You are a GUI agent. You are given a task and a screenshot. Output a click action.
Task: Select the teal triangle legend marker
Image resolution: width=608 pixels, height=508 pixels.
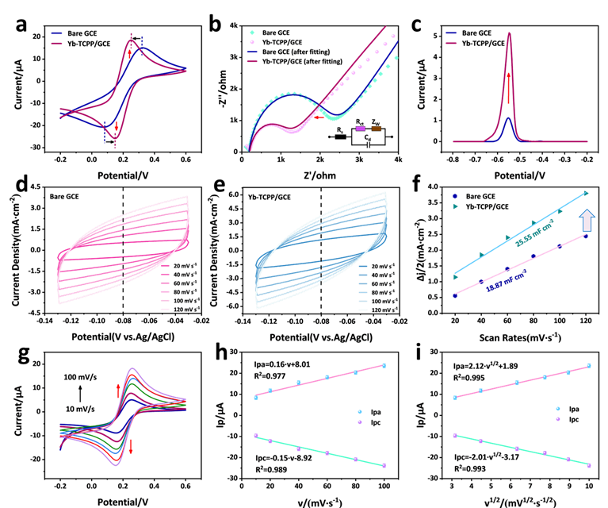pyautogui.click(x=455, y=206)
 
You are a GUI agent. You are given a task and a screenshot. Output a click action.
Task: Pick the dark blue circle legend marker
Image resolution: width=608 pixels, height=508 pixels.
pyautogui.click(x=455, y=194)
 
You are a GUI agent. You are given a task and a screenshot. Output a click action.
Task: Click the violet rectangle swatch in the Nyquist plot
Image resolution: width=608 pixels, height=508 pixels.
pyautogui.click(x=361, y=128)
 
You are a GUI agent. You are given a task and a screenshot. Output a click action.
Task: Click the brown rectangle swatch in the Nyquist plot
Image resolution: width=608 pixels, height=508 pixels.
pyautogui.click(x=377, y=128)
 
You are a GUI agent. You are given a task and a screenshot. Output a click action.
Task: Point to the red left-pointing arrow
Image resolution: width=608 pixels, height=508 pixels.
pyautogui.click(x=318, y=117)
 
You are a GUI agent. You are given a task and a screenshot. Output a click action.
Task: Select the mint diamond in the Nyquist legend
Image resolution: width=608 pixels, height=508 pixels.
pyautogui.click(x=252, y=33)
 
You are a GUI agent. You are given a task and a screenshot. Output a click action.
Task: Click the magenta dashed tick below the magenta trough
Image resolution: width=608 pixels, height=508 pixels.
pyautogui.click(x=116, y=142)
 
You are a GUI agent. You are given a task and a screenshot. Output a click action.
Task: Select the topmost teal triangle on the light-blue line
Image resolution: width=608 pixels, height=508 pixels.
pyautogui.click(x=587, y=192)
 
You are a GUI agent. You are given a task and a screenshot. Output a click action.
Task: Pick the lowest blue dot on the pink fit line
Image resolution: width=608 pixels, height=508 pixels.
pyautogui.click(x=455, y=294)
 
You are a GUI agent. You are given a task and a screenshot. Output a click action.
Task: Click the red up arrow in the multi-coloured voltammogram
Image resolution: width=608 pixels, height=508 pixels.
pyautogui.click(x=118, y=389)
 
